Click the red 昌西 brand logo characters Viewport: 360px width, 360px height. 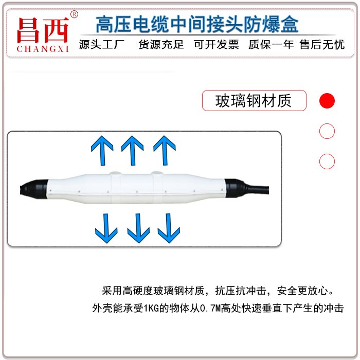pyautogui.click(x=43, y=30)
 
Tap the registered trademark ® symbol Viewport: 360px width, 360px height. pyautogui.click(x=74, y=14)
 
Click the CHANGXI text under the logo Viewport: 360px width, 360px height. pyautogui.click(x=43, y=49)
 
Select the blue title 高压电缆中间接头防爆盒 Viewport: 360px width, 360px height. pyautogui.click(x=197, y=24)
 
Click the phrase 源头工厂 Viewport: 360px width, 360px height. pyautogui.click(x=102, y=45)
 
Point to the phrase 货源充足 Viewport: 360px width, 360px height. pyautogui.click(x=161, y=45)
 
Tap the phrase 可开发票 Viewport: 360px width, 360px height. pyautogui.click(x=217, y=45)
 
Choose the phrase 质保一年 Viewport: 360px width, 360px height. pyautogui.click(x=271, y=45)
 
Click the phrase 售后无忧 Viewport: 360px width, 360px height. pyautogui.click(x=322, y=45)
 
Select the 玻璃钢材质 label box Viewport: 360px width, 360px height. pyautogui.click(x=254, y=101)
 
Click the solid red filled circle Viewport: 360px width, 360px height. pyautogui.click(x=327, y=101)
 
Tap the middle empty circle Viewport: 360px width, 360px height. pyautogui.click(x=327, y=131)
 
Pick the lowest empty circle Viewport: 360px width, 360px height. pyautogui.click(x=327, y=161)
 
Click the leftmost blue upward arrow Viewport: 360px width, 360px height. pyautogui.click(x=102, y=150)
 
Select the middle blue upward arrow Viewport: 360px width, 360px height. pyautogui.click(x=133, y=150)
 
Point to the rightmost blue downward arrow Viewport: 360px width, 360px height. pyautogui.click(x=169, y=228)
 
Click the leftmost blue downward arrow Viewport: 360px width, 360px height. pyautogui.click(x=106, y=228)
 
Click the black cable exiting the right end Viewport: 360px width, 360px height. pyautogui.click(x=257, y=190)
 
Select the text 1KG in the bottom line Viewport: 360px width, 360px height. pyautogui.click(x=151, y=308)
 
